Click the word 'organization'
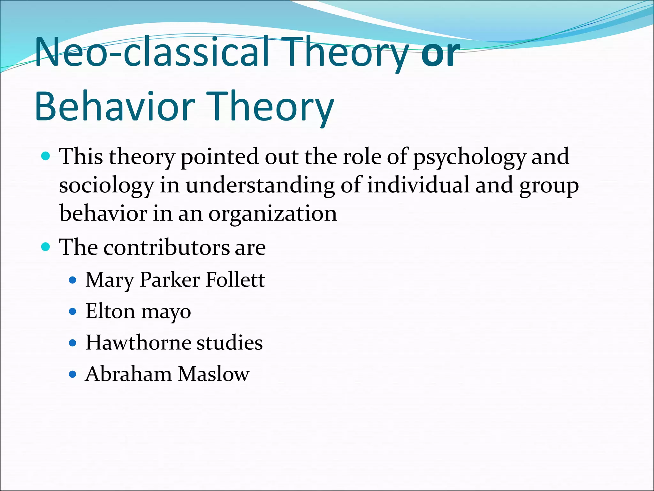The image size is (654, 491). (273, 214)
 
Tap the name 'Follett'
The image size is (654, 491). (235, 280)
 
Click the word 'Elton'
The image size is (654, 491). (110, 311)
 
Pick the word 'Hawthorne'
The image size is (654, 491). (138, 343)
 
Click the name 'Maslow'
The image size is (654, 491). (213, 374)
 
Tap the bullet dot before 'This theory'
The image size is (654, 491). (46, 156)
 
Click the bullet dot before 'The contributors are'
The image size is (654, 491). (46, 247)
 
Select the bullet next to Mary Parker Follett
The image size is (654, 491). (73, 280)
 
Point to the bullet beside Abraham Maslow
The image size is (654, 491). (73, 374)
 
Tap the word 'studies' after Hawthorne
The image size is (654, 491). (229, 343)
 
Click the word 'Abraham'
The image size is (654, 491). (128, 374)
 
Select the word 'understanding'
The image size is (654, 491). (260, 186)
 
